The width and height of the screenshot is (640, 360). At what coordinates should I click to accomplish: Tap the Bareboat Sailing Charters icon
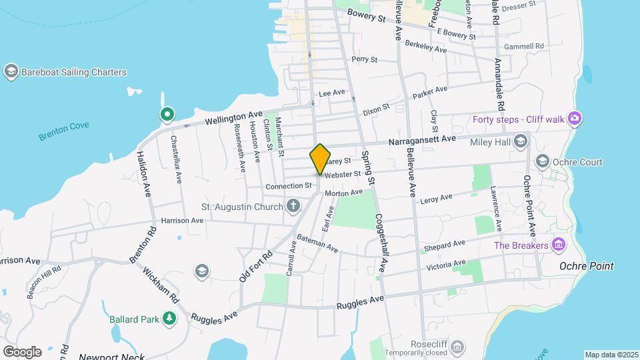(11, 71)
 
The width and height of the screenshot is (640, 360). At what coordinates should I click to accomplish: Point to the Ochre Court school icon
(543, 162)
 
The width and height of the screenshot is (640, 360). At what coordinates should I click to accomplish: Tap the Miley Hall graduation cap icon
(521, 141)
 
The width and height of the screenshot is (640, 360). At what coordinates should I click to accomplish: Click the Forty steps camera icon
(575, 119)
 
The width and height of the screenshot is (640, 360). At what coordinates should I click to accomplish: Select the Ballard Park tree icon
(169, 319)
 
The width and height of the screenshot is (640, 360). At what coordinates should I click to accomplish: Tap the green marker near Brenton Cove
(167, 115)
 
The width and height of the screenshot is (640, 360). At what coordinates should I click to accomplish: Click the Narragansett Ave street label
(422, 139)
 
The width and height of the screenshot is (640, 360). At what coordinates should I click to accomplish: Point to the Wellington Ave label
(233, 119)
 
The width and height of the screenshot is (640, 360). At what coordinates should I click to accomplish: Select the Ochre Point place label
(587, 266)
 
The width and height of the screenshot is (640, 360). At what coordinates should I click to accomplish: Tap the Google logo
(22, 351)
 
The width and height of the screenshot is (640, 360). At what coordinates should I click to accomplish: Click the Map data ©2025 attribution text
(611, 355)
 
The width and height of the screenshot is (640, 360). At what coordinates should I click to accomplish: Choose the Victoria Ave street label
(445, 265)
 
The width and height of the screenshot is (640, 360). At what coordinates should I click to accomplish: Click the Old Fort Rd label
(257, 266)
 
